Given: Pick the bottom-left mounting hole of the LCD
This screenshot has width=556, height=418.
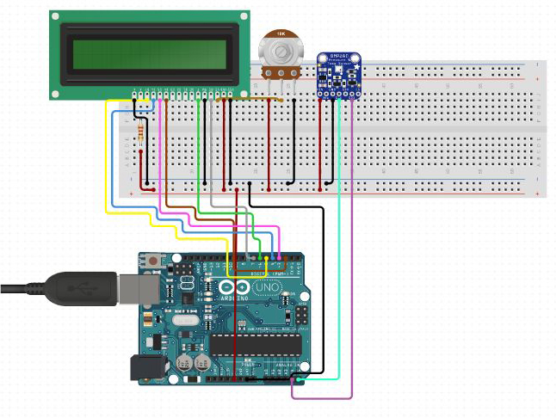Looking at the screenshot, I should (x=56, y=92).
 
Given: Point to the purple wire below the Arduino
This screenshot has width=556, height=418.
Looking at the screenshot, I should (x=323, y=398).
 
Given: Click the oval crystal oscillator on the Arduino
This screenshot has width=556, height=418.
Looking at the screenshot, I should (x=183, y=320).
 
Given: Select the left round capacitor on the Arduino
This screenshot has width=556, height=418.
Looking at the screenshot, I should (x=184, y=363).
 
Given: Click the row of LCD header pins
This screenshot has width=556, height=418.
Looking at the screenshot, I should (x=183, y=92).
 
